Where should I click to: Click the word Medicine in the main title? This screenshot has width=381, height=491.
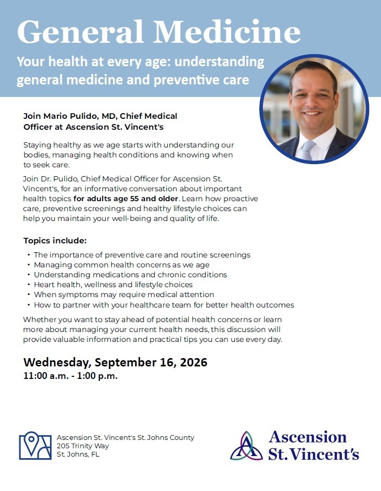tap(227, 32)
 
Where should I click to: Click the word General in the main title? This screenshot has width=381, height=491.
tap(80, 32)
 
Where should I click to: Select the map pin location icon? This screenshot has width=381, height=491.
tap(35, 446)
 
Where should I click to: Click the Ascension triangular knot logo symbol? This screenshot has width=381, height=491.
tap(247, 446)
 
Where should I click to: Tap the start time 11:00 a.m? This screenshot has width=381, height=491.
tap(45, 376)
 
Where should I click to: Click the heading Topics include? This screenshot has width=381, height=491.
tap(55, 240)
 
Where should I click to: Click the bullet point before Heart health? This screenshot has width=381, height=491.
tap(29, 285)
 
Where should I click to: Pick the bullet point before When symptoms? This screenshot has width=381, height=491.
tap(29, 294)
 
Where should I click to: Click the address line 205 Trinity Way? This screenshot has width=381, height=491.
tap(83, 446)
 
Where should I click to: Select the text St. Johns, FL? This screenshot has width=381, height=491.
tap(78, 455)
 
